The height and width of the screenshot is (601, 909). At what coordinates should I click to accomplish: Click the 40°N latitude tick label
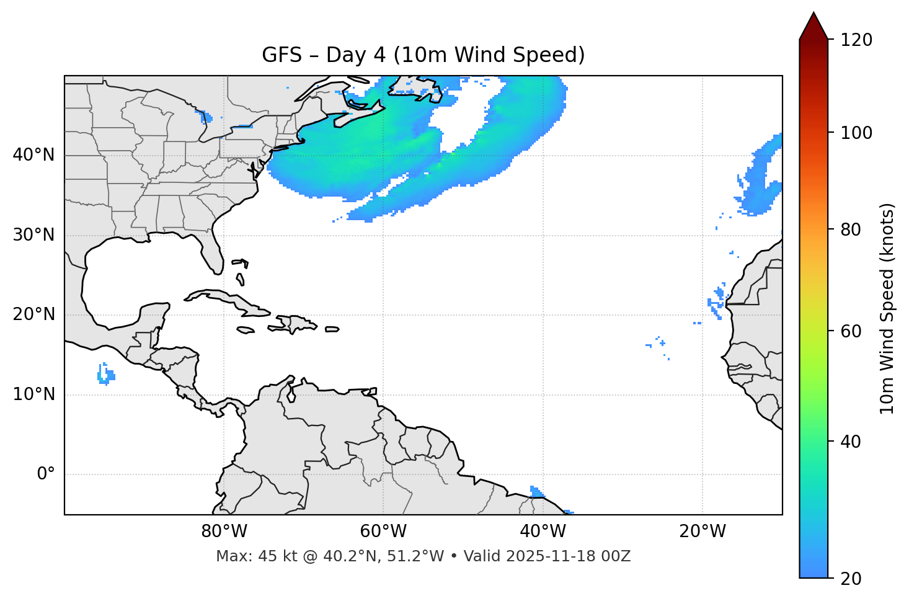[x=33, y=155]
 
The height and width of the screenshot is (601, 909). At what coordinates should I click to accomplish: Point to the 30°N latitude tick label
[x=33, y=235]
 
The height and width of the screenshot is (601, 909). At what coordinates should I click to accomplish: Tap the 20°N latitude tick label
[x=33, y=314]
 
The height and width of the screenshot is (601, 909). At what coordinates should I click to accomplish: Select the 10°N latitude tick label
[x=33, y=394]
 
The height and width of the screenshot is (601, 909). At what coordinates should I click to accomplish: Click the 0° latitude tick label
[x=45, y=474]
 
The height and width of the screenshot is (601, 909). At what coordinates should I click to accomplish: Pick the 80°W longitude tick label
[x=224, y=532]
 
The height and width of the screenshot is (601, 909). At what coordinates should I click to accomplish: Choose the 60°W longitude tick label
[x=383, y=532]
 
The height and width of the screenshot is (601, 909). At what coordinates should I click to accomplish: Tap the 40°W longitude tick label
[x=543, y=532]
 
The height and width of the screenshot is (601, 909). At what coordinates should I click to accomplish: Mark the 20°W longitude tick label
[x=702, y=532]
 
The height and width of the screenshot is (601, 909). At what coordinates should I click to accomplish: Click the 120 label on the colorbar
[x=856, y=40]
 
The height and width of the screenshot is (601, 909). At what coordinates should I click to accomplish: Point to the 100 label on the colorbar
[x=856, y=133]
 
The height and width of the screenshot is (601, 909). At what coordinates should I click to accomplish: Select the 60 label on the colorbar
[x=852, y=331]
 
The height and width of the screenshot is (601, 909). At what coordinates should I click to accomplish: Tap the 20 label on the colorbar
[x=852, y=579]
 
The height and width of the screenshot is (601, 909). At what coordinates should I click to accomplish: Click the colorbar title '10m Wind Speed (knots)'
[x=887, y=308]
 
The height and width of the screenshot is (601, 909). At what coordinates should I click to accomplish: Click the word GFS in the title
[x=282, y=55]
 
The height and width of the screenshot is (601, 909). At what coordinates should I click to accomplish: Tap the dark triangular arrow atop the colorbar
[x=814, y=27]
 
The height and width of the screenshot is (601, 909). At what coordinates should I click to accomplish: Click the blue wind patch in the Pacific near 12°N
[x=105, y=375]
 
